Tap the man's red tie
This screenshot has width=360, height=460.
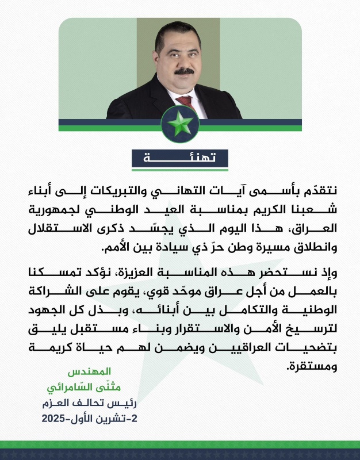(x=186, y=103)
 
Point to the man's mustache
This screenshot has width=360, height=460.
(x=185, y=71)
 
